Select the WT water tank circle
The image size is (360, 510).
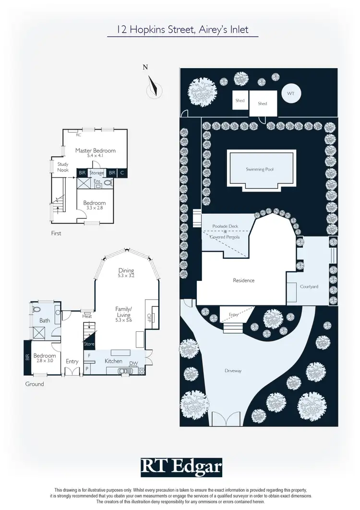(x=291, y=94)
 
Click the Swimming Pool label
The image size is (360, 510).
(x=260, y=170)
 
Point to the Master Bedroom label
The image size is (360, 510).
(x=95, y=150)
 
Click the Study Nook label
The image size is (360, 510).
(x=63, y=167)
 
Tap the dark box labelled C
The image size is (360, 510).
(x=122, y=172)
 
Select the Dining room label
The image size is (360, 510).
(x=126, y=270)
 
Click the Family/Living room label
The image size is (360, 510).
(x=123, y=312)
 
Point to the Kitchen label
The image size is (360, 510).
(x=114, y=361)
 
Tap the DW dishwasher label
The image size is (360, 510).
(x=133, y=363)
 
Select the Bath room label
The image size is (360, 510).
(x=45, y=320)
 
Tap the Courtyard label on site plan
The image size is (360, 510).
(x=309, y=287)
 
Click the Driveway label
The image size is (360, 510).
(x=232, y=370)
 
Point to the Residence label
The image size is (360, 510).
(x=243, y=280)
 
